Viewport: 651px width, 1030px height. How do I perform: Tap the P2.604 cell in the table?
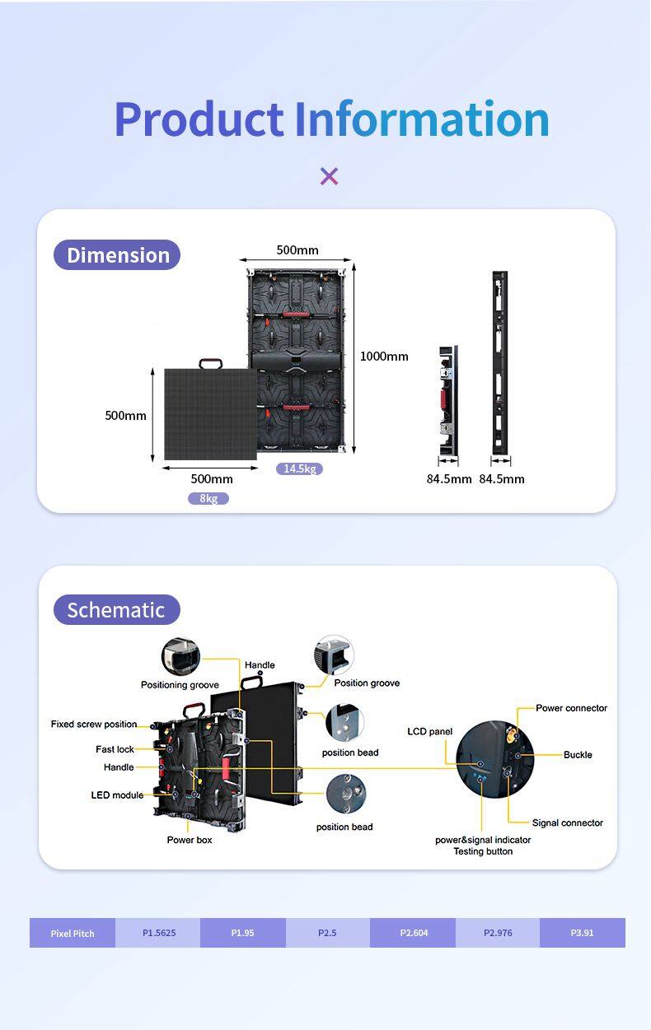point(414,933)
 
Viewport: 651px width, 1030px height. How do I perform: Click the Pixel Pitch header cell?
point(73,933)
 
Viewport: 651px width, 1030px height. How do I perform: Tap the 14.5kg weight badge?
point(299,468)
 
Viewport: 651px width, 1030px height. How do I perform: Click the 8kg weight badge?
point(208,498)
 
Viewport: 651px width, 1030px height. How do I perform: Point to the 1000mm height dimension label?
point(384,357)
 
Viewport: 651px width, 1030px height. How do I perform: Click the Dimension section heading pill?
point(117,255)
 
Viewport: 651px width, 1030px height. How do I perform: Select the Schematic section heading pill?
point(116,610)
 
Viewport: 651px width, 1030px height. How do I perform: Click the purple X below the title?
point(329,175)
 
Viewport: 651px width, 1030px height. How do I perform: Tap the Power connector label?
point(571,708)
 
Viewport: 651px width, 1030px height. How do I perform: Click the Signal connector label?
point(567,823)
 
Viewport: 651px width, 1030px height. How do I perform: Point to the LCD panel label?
point(429,731)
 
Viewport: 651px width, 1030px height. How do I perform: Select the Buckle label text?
point(578,754)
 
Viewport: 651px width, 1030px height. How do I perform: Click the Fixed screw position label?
point(94,724)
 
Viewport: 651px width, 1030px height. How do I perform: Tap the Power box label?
point(190,840)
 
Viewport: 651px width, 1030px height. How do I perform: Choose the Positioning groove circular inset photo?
point(180,656)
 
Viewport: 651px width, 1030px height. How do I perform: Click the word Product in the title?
point(199,119)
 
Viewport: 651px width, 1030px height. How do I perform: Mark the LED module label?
point(117,795)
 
